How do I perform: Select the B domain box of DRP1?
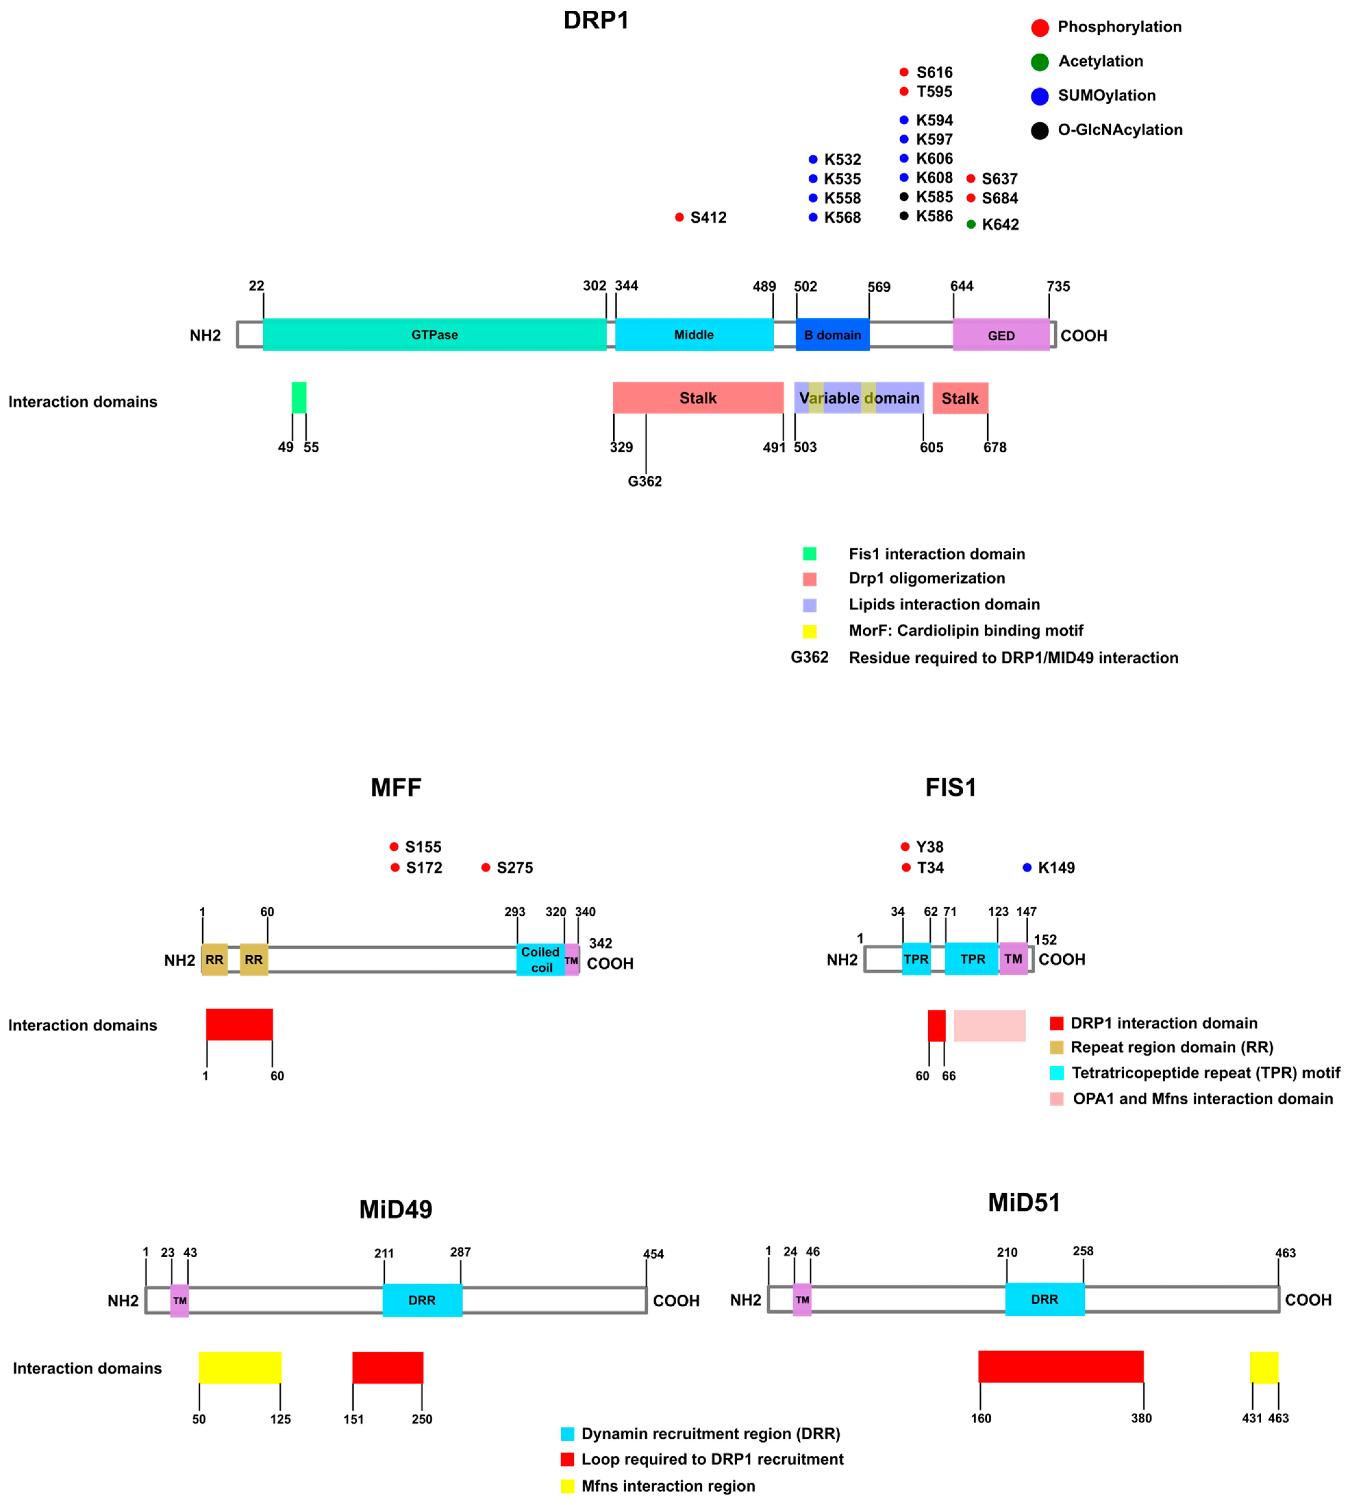coord(832,334)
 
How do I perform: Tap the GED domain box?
coord(1001,335)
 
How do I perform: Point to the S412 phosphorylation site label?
coord(708,217)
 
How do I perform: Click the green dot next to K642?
coord(971,224)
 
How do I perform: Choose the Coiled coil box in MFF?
coord(540,959)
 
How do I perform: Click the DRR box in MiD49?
coord(422,1300)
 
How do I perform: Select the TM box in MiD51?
coord(802,1299)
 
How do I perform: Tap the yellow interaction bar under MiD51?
coord(1264,1367)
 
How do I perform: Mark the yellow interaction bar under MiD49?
coord(240,1367)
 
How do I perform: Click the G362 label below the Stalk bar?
coord(644,482)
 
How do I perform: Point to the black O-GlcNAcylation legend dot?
coord(1040,131)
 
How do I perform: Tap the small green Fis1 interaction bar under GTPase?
coord(299,397)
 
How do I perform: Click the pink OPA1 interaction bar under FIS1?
coord(990,1025)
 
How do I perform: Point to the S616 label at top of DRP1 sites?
coord(934,72)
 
